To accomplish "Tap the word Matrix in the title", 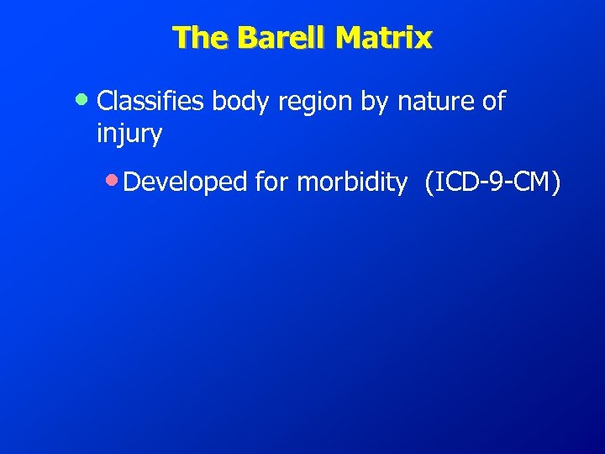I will click(382, 38).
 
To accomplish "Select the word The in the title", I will click(200, 38).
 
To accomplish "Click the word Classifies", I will click(151, 102).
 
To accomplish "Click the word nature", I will click(435, 102).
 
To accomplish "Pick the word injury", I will click(129, 135).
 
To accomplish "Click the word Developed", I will click(186, 182).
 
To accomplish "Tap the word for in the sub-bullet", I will click(272, 182).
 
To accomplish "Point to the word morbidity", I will click(351, 182).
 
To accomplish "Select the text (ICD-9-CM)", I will click(492, 182).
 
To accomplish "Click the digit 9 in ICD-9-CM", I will click(502, 182).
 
